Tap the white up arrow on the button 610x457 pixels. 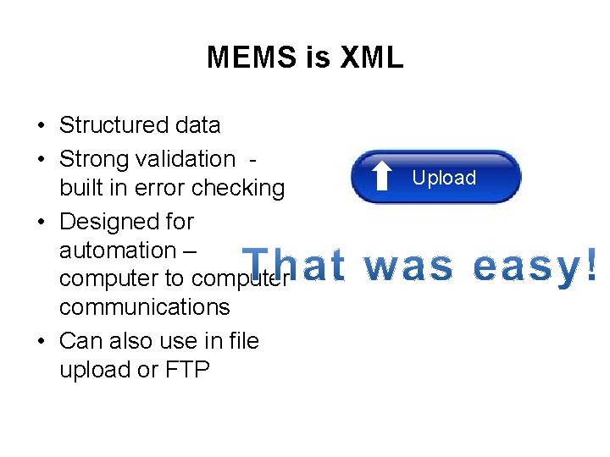(x=383, y=178)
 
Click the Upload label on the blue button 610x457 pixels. (x=444, y=178)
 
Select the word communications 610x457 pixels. (x=144, y=306)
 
